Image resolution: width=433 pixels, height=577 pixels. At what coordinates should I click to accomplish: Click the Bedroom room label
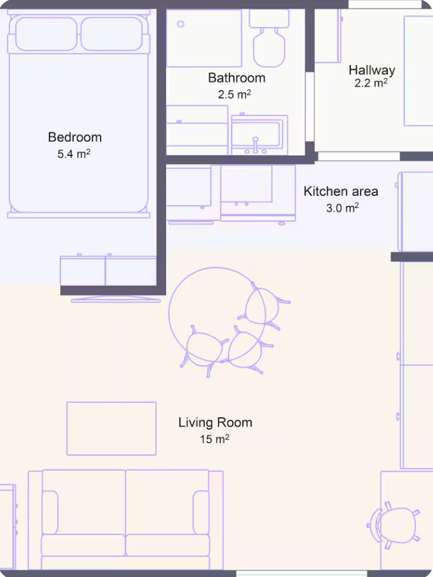tap(75, 137)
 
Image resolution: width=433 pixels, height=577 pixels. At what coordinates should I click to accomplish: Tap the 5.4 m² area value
tap(73, 153)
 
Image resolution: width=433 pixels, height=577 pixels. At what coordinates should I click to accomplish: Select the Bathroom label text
tap(237, 78)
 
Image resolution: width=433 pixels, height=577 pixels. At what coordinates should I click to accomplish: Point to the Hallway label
tap(372, 70)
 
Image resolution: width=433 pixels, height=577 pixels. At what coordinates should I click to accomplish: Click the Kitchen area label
tap(341, 191)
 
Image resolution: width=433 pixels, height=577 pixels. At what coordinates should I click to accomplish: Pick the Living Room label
tap(215, 422)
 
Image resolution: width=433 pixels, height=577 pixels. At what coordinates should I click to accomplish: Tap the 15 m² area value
tap(215, 439)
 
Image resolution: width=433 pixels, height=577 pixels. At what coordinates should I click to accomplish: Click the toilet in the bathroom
tap(269, 38)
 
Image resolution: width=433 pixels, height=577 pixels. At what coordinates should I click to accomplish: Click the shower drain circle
tap(181, 24)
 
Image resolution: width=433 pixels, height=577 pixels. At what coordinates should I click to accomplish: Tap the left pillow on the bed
tap(46, 34)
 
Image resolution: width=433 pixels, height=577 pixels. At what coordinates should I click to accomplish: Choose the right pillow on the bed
tap(112, 34)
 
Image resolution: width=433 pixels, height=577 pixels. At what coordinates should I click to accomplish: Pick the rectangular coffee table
tap(112, 428)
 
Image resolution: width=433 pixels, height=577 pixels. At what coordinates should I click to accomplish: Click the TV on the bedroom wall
tap(116, 300)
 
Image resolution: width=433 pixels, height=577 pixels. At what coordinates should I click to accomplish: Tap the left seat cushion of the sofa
tap(83, 545)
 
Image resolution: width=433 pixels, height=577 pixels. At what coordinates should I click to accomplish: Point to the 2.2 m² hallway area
tap(371, 83)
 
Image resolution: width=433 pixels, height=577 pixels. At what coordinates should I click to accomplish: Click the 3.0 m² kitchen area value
tap(342, 208)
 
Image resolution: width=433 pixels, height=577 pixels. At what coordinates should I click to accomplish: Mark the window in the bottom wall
tap(302, 574)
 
